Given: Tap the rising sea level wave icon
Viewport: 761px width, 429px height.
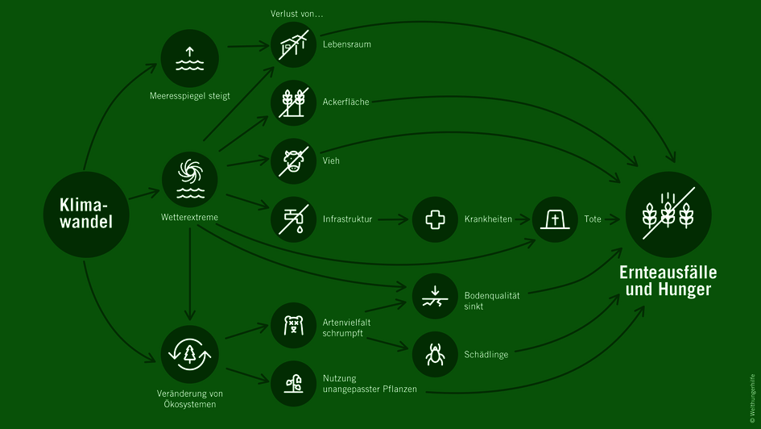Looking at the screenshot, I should click(x=190, y=59).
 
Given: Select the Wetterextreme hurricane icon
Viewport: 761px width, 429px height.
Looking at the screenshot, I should click(x=190, y=179).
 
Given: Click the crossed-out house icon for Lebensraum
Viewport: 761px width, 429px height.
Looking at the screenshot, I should click(x=294, y=45).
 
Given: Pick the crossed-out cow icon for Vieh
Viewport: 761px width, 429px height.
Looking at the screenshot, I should click(x=294, y=160).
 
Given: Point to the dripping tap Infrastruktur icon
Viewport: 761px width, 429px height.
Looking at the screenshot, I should click(x=294, y=219).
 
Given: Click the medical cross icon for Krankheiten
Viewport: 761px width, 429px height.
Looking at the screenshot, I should click(x=435, y=219).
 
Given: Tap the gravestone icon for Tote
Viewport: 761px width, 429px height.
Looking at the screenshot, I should click(x=555, y=219).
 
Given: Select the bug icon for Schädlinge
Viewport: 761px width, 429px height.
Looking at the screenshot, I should click(x=435, y=354).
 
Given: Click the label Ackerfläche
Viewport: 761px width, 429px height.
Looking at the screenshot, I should click(x=345, y=102).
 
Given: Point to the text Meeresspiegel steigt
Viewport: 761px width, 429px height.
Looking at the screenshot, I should click(x=190, y=96).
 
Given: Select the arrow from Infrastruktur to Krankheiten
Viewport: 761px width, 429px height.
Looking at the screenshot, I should click(x=393, y=219).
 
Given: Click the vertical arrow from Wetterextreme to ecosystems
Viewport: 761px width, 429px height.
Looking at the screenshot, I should click(x=190, y=274).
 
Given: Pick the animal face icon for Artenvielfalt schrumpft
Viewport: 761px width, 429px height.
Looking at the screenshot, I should click(x=294, y=325).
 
